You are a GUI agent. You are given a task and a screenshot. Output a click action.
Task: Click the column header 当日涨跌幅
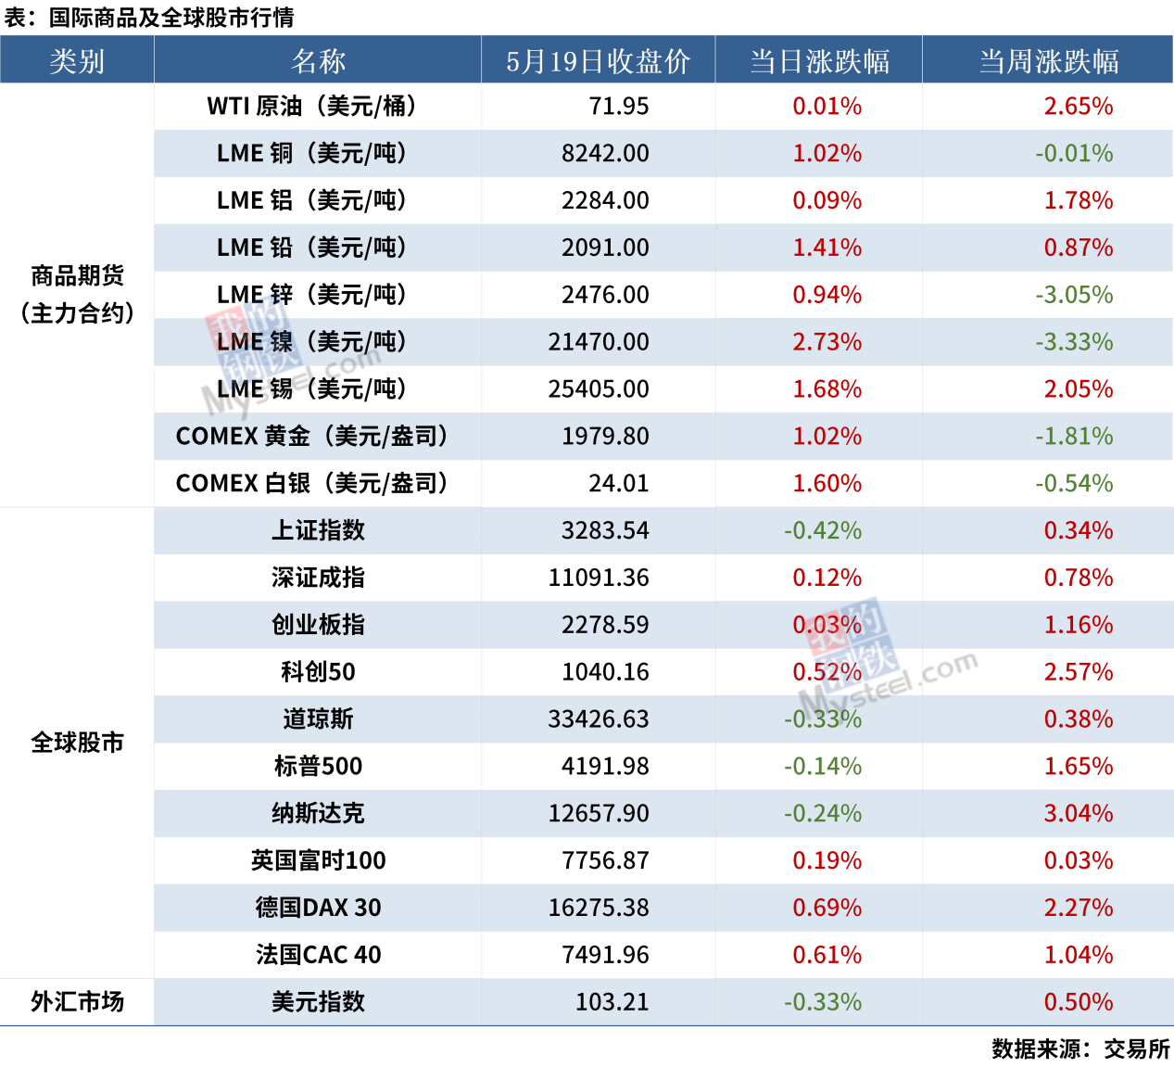click(x=819, y=61)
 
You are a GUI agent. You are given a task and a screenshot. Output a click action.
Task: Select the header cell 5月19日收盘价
click(x=598, y=61)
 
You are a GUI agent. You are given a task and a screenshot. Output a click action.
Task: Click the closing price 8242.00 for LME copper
click(x=605, y=154)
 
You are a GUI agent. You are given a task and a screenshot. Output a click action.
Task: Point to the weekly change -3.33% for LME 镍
click(x=1074, y=342)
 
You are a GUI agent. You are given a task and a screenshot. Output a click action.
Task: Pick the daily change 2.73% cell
click(x=827, y=342)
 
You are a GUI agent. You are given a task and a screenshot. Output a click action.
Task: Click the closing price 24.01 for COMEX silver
click(x=618, y=484)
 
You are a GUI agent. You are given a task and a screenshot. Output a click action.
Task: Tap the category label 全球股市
click(x=77, y=743)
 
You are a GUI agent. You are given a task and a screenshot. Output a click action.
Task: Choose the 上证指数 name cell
click(x=318, y=531)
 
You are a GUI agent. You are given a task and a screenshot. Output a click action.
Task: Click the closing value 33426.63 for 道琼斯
click(x=599, y=719)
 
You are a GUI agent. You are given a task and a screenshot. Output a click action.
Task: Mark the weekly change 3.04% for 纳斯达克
click(x=1079, y=814)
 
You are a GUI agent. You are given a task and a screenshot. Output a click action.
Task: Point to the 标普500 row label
click(x=318, y=767)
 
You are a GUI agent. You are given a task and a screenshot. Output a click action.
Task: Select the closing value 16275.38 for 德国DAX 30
click(x=599, y=908)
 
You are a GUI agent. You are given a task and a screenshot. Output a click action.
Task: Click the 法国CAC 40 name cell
click(x=318, y=955)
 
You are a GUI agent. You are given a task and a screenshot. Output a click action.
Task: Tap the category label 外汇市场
click(x=77, y=1002)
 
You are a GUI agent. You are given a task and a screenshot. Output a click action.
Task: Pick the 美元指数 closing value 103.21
click(x=612, y=1002)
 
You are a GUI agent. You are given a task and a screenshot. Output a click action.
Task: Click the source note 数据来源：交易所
click(x=1080, y=1049)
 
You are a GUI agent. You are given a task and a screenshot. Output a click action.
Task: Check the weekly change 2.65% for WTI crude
click(x=1079, y=107)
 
